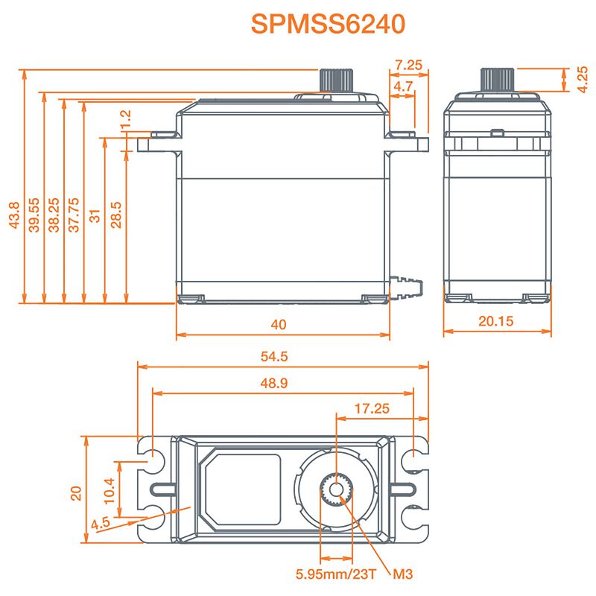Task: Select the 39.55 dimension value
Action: [x=34, y=216]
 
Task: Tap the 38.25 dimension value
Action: [x=54, y=216]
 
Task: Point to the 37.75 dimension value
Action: [x=74, y=216]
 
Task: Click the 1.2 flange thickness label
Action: [x=125, y=118]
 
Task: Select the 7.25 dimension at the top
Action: [x=408, y=66]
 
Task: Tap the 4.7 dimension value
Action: [x=403, y=87]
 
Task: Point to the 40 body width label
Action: [x=279, y=325]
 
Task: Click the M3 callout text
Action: [x=402, y=574]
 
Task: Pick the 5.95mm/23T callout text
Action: [x=335, y=574]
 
